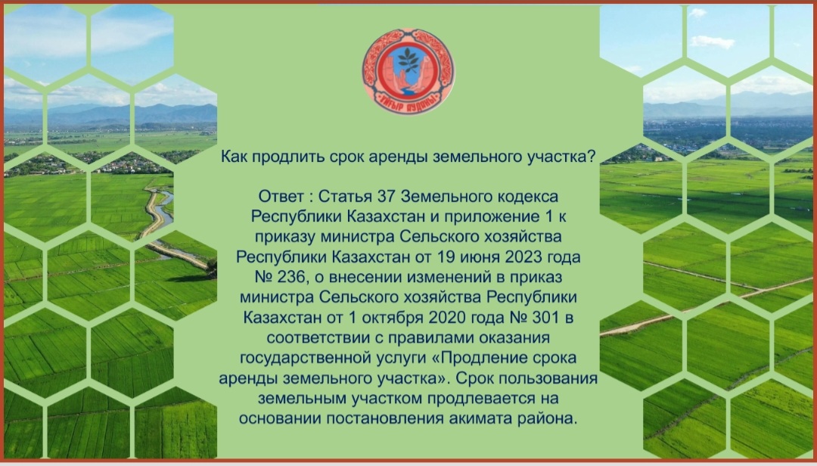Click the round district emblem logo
click(408, 71)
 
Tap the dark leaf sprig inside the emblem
click(408, 60)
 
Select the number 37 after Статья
click(387, 197)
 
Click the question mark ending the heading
click(590, 157)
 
